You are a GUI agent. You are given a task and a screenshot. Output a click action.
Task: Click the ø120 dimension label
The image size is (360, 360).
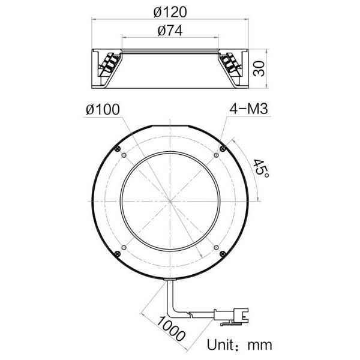[x=170, y=11]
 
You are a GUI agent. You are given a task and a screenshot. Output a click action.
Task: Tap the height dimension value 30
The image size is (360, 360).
[x=259, y=68]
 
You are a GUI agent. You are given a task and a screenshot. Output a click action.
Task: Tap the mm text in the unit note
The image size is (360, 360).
[x=260, y=345]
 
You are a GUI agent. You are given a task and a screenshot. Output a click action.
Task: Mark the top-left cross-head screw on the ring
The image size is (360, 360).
[x=118, y=148]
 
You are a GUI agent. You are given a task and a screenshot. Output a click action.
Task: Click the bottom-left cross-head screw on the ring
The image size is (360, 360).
[x=118, y=254]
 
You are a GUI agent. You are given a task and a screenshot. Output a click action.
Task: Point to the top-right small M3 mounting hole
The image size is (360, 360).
[x=215, y=156]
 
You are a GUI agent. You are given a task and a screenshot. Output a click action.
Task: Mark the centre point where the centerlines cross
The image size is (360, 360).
[x=170, y=201]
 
